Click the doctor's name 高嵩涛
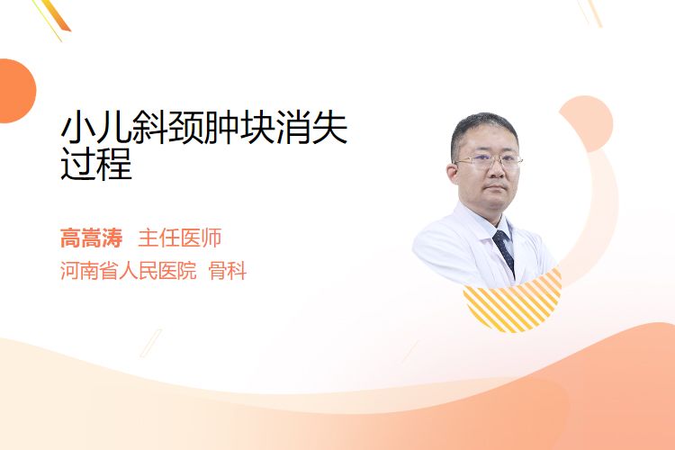pos(91,238)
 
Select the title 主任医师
pos(180,238)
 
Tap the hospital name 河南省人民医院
pos(129,271)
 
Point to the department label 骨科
pos(228,271)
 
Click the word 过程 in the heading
pos(96,164)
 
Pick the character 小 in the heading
pos(78,128)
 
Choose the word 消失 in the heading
pos(311,128)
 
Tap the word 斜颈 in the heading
pos(168,128)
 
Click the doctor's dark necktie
pos(504,250)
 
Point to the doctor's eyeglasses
pos(489,161)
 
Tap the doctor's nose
pos(496,170)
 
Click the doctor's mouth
pos(496,188)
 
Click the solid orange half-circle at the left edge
pos(16,91)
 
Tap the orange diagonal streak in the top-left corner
pos(54,16)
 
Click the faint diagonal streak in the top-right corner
pos(590,13)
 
